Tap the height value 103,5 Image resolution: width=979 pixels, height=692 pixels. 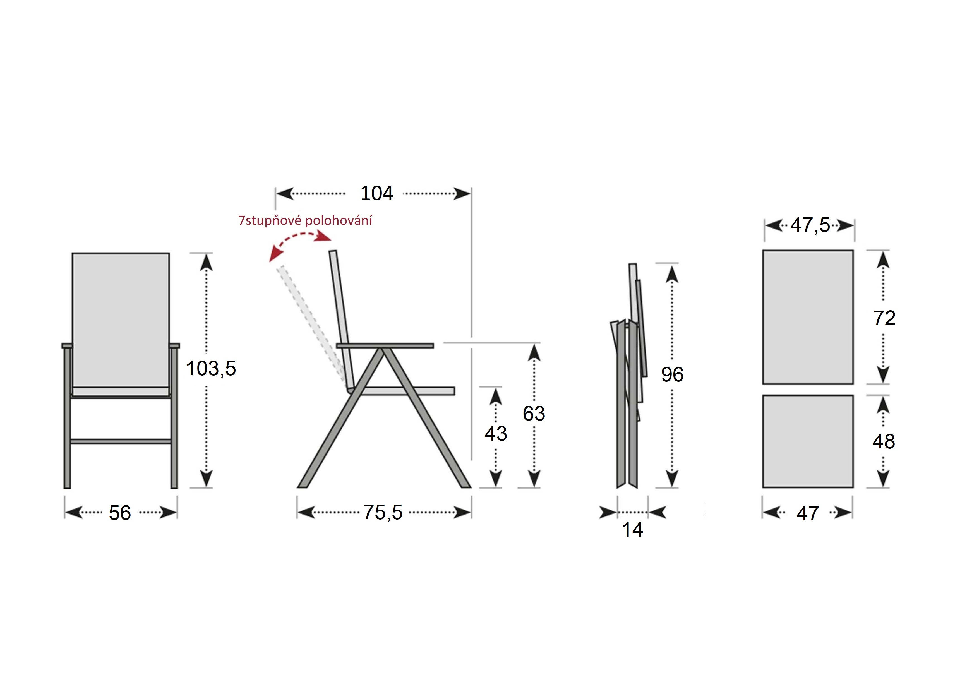(211, 368)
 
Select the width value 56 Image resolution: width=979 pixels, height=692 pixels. (120, 513)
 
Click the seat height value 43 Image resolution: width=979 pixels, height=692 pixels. (495, 434)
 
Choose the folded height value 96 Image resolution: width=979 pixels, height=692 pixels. (672, 374)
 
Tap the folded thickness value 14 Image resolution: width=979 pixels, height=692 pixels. (632, 530)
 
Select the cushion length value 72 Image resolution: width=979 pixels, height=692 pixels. (884, 318)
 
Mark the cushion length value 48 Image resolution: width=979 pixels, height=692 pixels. (883, 441)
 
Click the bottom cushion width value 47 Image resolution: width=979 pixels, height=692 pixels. (807, 513)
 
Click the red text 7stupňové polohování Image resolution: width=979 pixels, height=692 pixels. (305, 220)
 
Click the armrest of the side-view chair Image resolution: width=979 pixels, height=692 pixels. (385, 345)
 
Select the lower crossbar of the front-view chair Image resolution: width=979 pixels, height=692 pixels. (121, 441)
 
